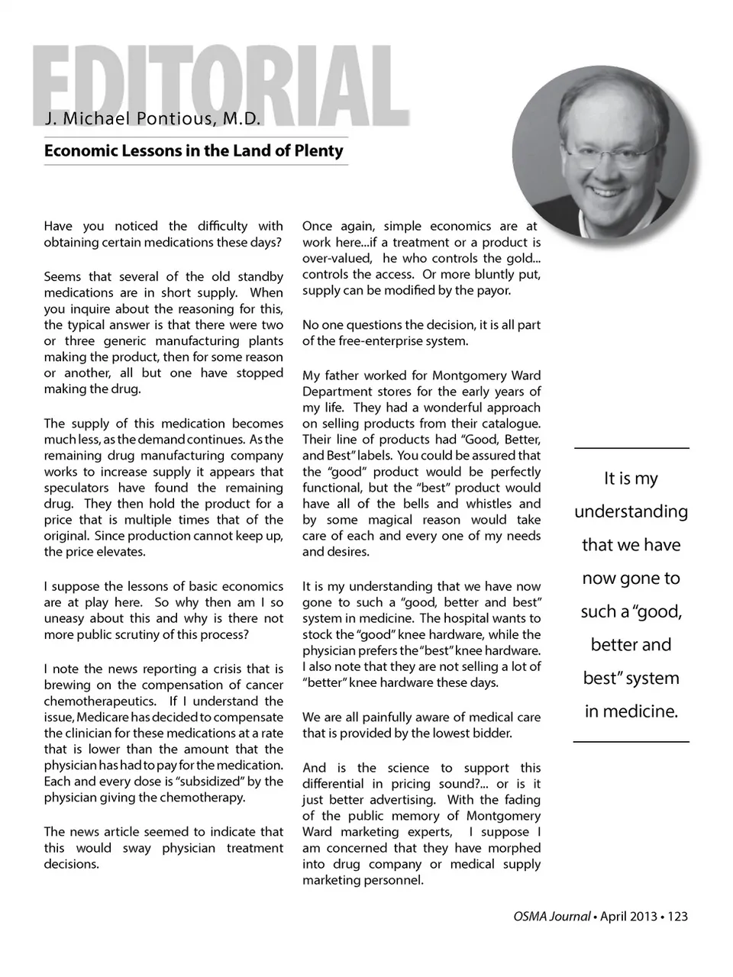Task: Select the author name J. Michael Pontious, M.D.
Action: click(153, 119)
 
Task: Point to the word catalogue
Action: click(509, 424)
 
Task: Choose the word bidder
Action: click(493, 734)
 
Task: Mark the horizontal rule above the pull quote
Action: click(631, 448)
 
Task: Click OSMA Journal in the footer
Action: click(551, 917)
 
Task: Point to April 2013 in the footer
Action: click(628, 917)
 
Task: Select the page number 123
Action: click(677, 917)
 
